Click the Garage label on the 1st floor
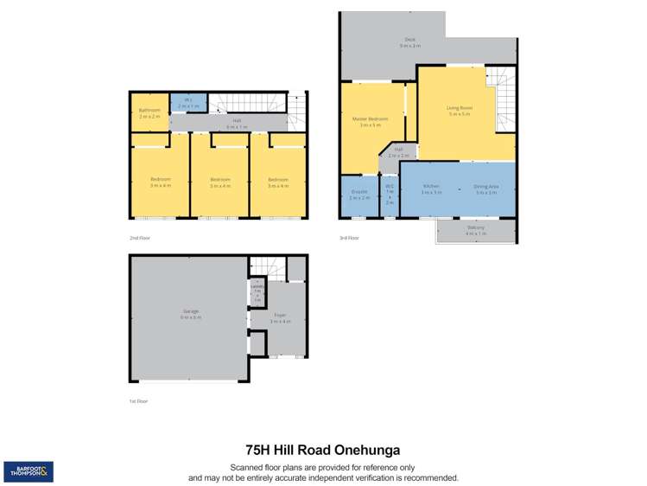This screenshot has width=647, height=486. [190, 313]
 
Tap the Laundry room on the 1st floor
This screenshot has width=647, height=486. [257, 291]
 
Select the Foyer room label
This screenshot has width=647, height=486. [282, 317]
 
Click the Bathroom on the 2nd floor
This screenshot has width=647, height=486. [149, 112]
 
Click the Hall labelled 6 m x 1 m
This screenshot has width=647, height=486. [236, 125]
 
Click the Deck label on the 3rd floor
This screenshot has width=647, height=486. [409, 42]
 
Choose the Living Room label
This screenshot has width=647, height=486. [459, 110]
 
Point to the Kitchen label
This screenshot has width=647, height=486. [431, 189]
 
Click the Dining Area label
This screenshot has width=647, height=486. [487, 189]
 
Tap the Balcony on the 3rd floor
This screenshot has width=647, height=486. [476, 230]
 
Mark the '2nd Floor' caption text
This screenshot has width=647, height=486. [138, 236]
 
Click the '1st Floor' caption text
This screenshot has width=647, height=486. [138, 401]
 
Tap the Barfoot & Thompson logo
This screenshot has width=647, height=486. [29, 471]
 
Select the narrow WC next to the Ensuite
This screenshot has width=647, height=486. [390, 195]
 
